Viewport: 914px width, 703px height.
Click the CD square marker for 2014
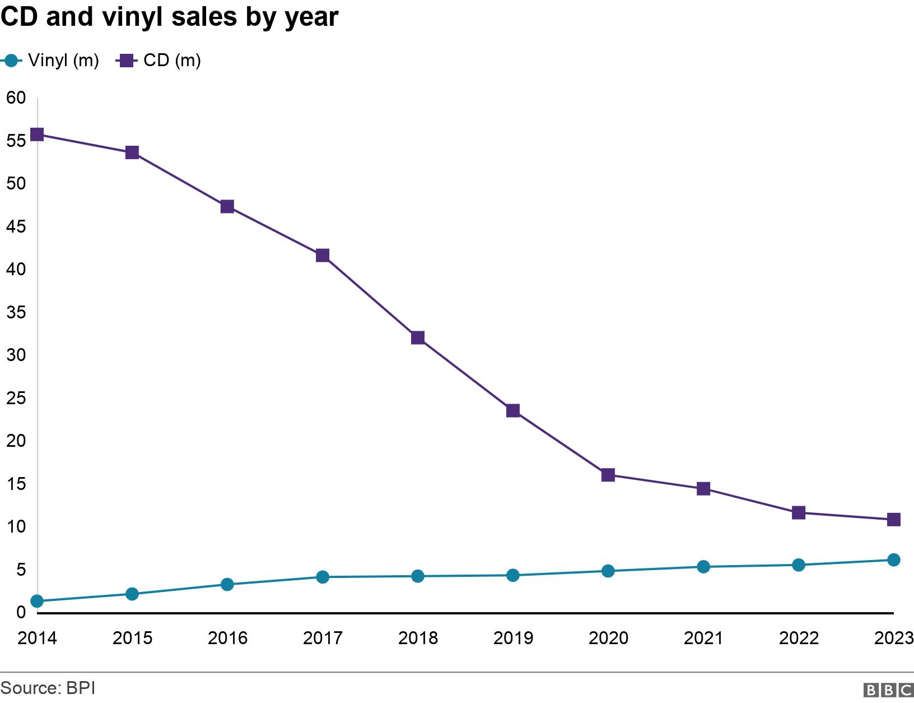coord(37,135)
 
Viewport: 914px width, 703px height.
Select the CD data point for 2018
coord(418,337)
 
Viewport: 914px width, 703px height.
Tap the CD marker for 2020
coord(608,475)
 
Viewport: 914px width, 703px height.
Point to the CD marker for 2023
coord(893,520)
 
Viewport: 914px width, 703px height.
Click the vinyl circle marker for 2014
coord(37,601)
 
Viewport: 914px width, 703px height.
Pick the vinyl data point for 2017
coord(323,577)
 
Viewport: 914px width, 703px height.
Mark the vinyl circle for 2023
coord(893,559)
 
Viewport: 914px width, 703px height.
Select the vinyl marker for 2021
coord(703,567)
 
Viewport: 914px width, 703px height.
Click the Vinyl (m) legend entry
coord(53,61)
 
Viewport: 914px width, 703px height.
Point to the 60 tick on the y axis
coord(16,98)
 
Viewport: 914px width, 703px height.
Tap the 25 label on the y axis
coord(16,399)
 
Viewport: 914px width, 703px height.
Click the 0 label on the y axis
coord(21,612)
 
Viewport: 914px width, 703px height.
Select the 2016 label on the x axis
coord(227,638)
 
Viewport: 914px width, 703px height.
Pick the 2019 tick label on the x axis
coord(513,638)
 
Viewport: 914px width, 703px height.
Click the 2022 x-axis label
coord(799,638)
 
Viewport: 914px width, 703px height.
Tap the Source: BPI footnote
coord(48,688)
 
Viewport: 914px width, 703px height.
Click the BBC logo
coord(888,690)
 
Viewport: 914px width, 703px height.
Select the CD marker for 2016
coord(227,206)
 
